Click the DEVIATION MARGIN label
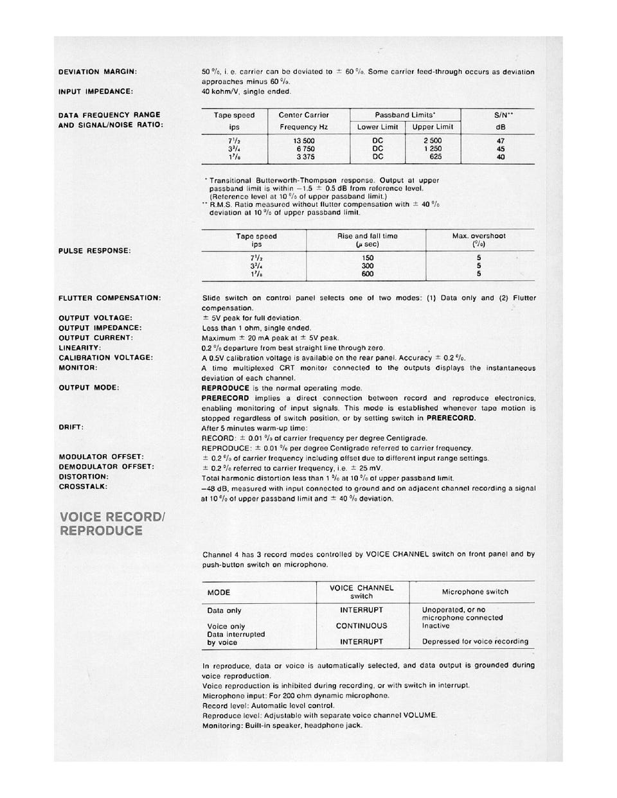click(97, 72)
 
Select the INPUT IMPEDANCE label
click(96, 91)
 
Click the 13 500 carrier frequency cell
click(303, 141)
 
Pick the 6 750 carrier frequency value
click(303, 148)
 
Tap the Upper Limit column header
click(433, 127)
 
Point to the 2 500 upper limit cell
click(433, 141)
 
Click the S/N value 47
click(501, 141)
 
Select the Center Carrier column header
click(303, 116)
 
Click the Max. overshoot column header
click(479, 236)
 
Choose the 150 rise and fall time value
click(368, 258)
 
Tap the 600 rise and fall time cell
click(368, 274)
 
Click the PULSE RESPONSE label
click(94, 251)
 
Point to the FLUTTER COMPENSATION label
click(109, 298)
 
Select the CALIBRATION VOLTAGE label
click(105, 358)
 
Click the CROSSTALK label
click(83, 487)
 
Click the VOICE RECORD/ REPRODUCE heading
click(111, 524)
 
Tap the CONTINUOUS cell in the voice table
click(361, 626)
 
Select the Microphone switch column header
click(474, 592)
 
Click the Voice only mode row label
click(226, 626)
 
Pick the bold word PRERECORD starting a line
click(225, 398)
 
